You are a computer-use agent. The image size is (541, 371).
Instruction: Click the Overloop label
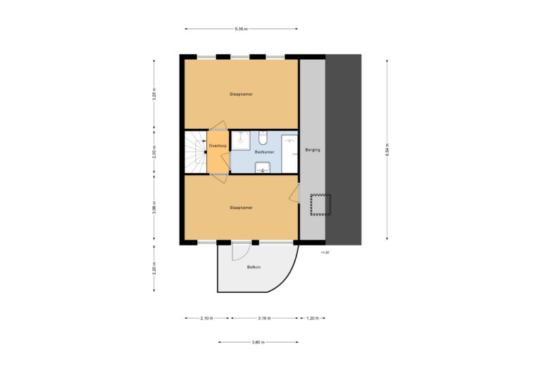tap(218, 146)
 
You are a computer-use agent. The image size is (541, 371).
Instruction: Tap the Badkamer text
tap(264, 151)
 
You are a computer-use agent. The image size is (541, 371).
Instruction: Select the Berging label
tap(312, 151)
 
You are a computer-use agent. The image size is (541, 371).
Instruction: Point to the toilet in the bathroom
tap(262, 137)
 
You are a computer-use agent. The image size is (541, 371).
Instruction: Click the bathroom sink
tap(263, 167)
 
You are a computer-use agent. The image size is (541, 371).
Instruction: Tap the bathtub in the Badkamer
tap(290, 153)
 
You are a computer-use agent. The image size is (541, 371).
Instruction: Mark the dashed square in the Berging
tap(321, 204)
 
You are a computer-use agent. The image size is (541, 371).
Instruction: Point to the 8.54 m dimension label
tap(387, 150)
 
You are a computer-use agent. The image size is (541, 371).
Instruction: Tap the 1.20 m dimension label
tap(312, 318)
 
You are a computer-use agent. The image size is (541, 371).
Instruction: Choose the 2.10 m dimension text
tap(206, 318)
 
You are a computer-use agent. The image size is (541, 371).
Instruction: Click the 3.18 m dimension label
tap(265, 318)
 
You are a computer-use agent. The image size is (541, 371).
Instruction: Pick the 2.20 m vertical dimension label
tap(154, 268)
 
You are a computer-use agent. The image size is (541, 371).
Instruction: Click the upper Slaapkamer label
tap(240, 94)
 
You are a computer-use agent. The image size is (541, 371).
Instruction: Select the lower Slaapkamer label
tap(240, 208)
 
